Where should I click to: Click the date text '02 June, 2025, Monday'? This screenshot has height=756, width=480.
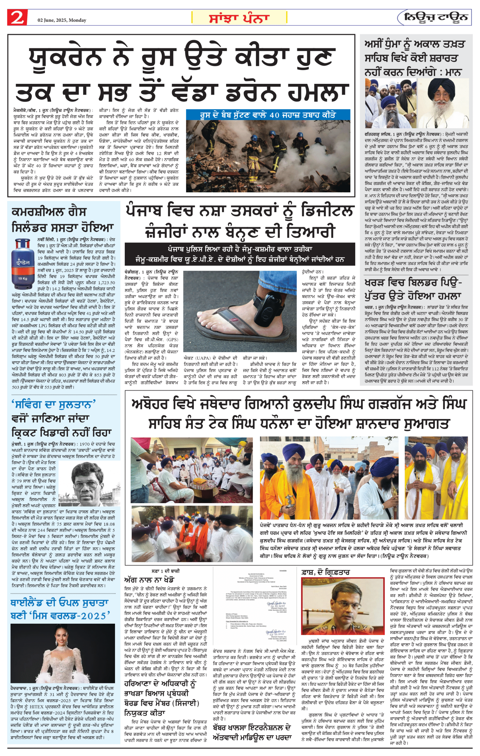62,20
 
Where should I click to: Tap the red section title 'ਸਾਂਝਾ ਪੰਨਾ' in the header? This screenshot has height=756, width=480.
239,18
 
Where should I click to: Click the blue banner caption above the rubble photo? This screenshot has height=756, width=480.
268,115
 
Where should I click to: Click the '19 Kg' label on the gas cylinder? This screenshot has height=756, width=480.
23,279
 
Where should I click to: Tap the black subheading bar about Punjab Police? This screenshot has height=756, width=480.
240,254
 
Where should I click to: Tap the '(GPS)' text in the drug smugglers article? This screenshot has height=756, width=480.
172,339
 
